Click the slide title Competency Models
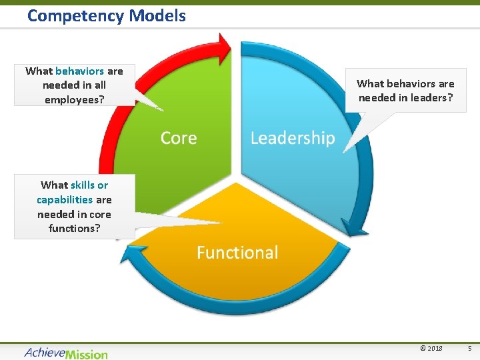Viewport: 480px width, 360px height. [107, 15]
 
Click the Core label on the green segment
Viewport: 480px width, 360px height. [179, 138]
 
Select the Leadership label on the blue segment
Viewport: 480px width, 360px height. [292, 138]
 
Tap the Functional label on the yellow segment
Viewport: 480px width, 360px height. [237, 253]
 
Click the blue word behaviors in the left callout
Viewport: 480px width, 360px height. [79, 71]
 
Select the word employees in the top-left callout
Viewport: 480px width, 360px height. [73, 99]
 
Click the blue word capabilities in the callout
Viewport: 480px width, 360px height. [65, 199]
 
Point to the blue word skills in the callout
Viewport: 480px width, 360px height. [83, 185]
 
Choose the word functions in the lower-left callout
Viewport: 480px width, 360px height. [74, 228]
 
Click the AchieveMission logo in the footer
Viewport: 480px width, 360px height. [66, 353]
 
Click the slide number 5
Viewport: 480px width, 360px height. [469, 348]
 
